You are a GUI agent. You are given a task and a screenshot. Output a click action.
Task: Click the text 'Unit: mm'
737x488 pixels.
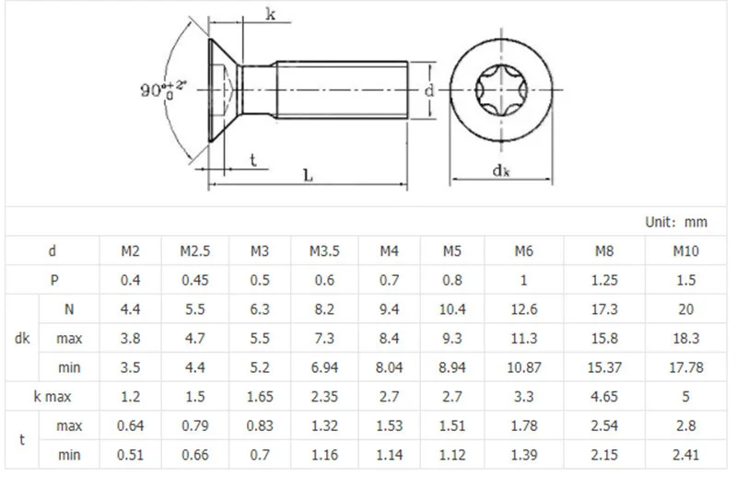pos(675,222)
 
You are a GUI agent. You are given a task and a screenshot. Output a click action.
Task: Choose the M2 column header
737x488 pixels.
pos(131,250)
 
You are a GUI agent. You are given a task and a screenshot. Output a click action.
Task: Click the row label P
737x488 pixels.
pos(53,280)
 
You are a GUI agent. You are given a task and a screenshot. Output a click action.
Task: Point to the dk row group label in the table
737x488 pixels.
pos(23,339)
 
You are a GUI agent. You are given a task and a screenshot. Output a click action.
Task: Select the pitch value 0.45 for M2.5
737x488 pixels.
pos(195,280)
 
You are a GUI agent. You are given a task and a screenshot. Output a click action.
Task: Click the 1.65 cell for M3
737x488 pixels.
pos(260,397)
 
